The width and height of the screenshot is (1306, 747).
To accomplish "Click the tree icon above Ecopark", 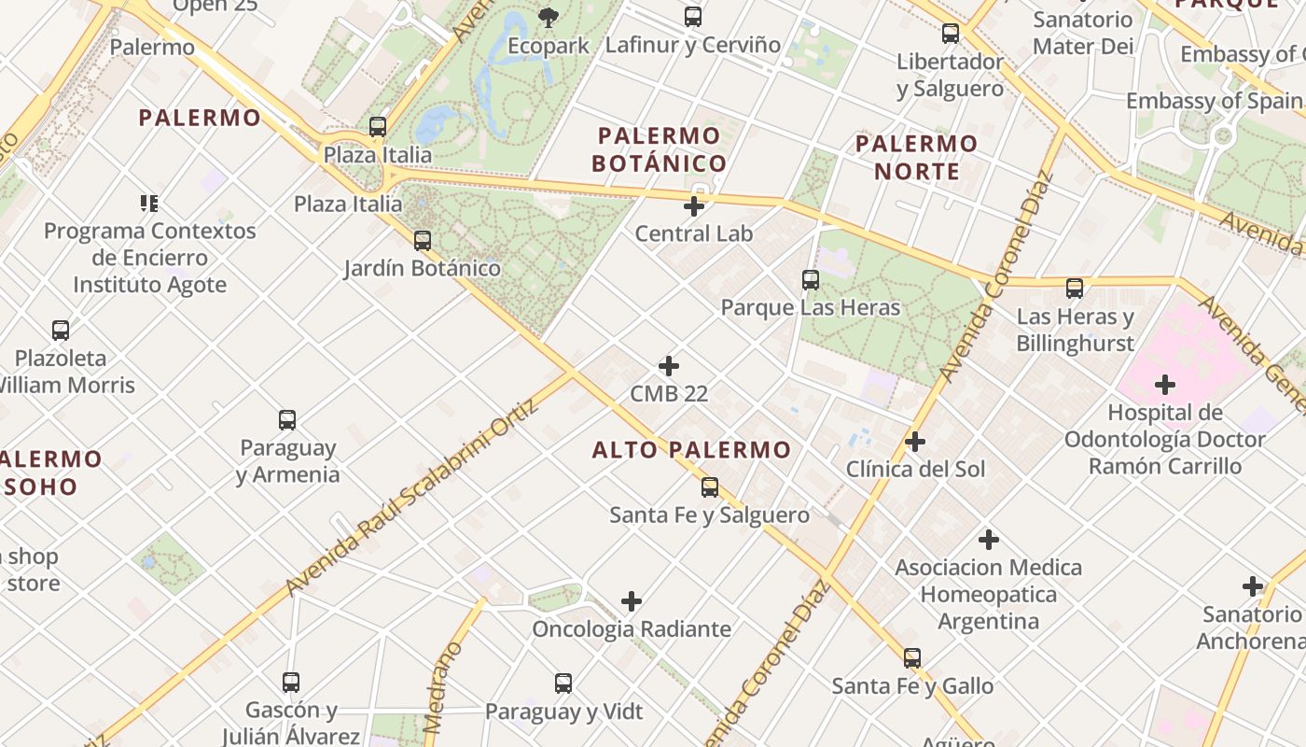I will tap(549, 17).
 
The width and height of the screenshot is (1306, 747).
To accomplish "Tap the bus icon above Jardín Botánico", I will tap(423, 241).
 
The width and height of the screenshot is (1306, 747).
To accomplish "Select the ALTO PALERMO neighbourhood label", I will tap(691, 450).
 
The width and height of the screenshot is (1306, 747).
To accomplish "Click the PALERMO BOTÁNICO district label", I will tap(660, 149).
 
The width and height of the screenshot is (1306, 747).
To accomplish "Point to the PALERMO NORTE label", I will tap(916, 157).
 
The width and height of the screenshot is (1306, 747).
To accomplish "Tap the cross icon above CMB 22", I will tap(669, 366).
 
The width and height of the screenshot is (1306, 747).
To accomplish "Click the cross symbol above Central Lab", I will tap(694, 205).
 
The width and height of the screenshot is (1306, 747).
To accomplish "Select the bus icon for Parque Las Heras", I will tap(811, 279).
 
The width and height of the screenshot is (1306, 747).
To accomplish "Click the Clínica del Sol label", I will tap(915, 469).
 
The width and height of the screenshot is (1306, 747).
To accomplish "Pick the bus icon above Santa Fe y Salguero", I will tap(710, 486).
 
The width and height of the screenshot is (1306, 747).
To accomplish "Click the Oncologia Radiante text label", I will tap(632, 629).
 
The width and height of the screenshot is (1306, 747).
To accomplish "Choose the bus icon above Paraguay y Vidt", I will tap(563, 684).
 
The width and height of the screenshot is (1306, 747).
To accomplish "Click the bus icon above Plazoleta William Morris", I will tap(61, 330).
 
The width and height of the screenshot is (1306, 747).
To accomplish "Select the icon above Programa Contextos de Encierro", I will tap(149, 203).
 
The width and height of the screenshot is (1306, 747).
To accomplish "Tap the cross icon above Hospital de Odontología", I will tap(1164, 385).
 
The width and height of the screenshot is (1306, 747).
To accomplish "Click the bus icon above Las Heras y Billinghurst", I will tap(1075, 289).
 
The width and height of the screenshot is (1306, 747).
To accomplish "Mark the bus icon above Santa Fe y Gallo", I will tap(912, 658).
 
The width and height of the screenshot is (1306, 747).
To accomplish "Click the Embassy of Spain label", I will tap(1214, 101).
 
